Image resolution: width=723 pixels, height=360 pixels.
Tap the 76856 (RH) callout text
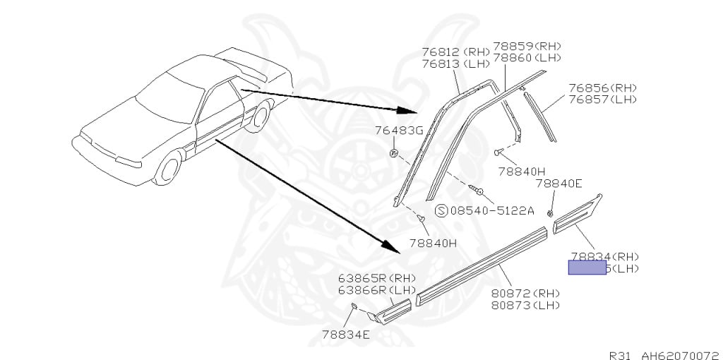coord(602,88)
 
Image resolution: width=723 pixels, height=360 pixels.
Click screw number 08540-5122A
coord(492,210)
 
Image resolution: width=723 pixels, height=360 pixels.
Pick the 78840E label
coord(558,183)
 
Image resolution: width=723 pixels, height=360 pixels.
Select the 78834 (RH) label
coord(604,256)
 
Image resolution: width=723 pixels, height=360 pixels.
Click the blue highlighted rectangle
coord(587,268)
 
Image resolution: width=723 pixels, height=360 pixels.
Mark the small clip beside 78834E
coord(354,304)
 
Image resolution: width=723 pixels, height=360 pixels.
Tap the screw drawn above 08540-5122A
coord(474,188)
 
